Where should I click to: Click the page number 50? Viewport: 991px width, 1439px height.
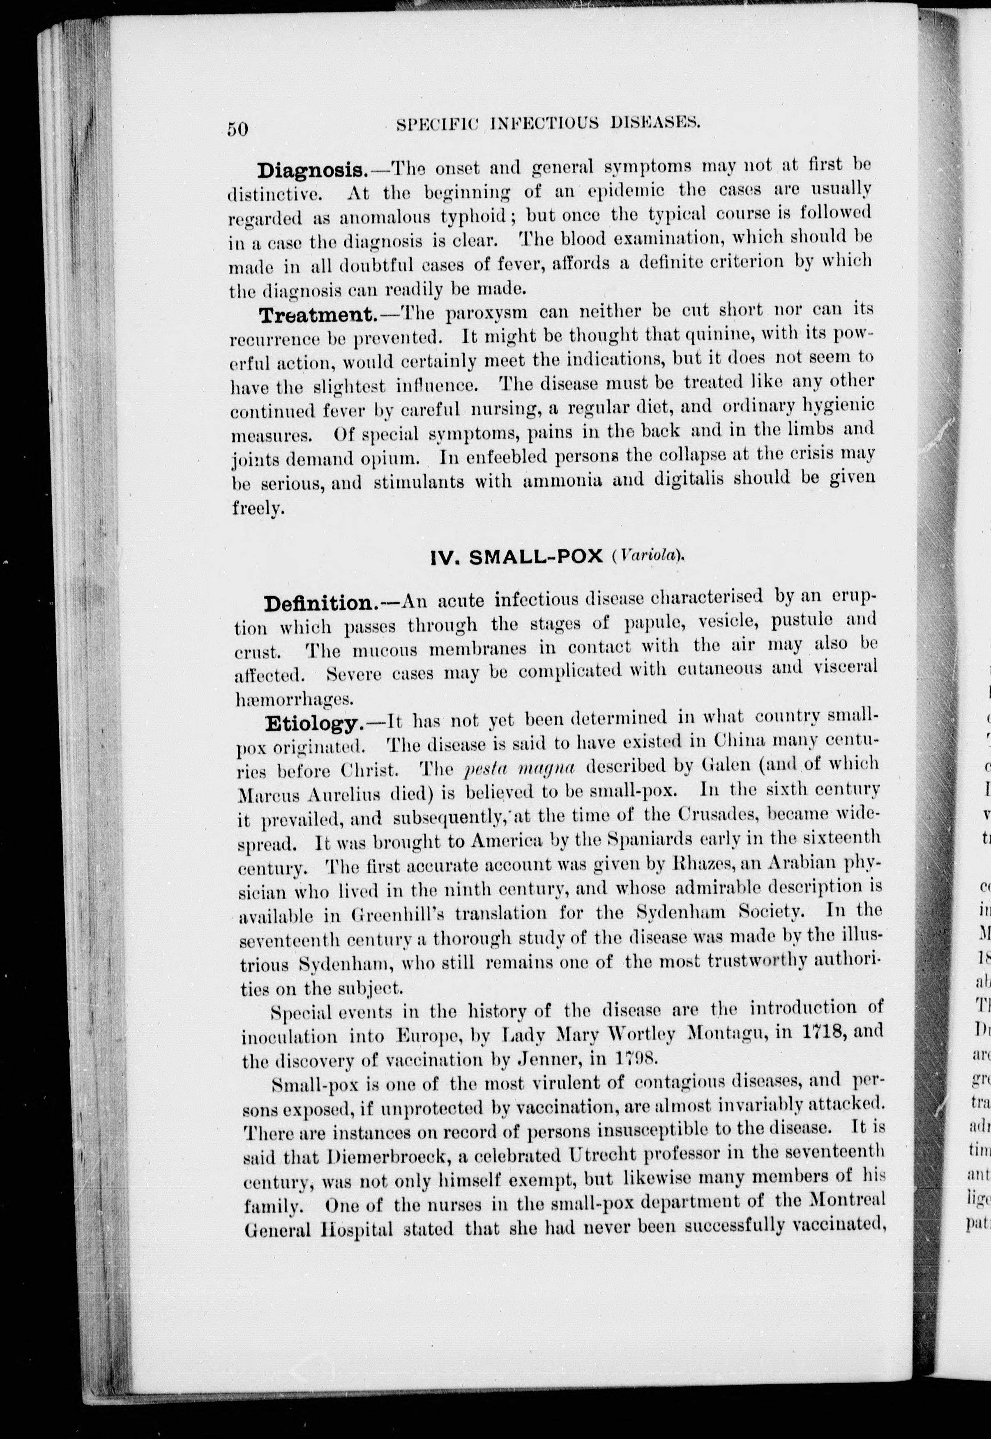(x=237, y=129)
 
